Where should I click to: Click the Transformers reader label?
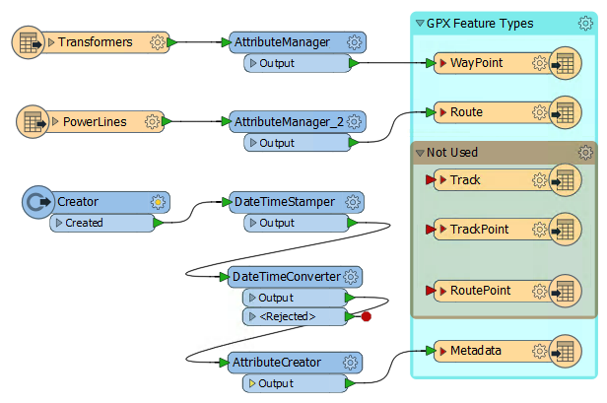point(95,42)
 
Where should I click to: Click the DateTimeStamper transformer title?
point(284,202)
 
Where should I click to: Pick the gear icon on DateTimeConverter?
point(352,277)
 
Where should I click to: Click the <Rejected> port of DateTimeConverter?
point(287,316)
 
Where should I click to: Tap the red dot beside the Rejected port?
point(366,316)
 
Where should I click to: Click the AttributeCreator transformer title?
point(277,362)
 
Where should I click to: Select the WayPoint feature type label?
point(477,63)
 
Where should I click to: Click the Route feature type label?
point(466,111)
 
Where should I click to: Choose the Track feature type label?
point(465,180)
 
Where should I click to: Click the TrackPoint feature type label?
point(479,229)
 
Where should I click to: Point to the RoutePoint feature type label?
point(481,291)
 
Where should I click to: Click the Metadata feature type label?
point(476,351)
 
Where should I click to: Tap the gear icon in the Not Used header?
point(585,152)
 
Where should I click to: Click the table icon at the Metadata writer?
point(566,352)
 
